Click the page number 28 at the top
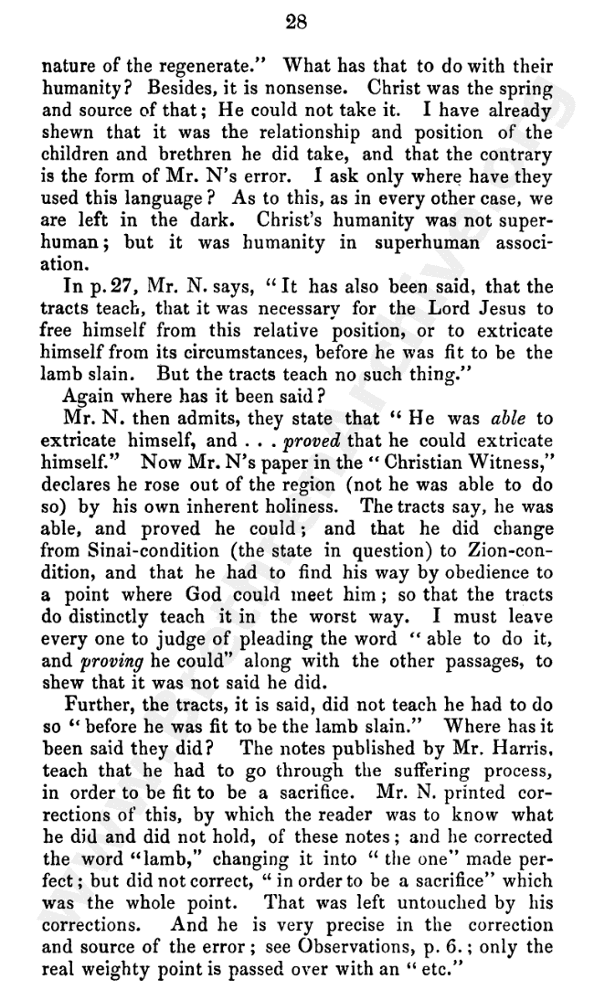tap(297, 25)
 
